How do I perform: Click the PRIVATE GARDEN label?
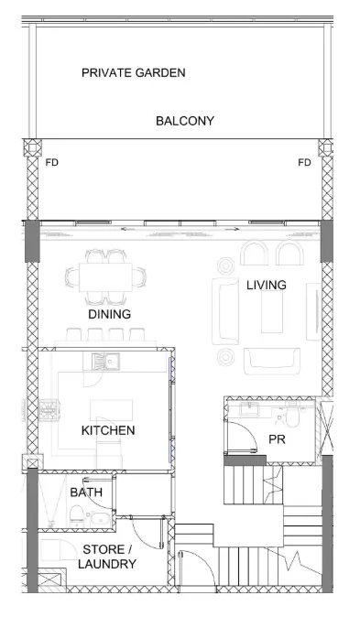(134, 73)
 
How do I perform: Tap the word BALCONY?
(185, 121)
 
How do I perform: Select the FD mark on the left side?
(52, 162)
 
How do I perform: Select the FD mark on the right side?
(304, 162)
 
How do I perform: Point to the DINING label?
(110, 314)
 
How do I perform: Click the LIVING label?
(267, 285)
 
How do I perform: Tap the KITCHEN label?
(108, 430)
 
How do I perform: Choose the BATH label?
(86, 493)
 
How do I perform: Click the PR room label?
(277, 439)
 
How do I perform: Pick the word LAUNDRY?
(107, 564)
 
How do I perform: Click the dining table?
(105, 277)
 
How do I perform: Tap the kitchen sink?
(105, 362)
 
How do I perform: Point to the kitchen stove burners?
(49, 410)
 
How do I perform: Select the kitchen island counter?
(111, 410)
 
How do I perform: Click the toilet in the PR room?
(292, 415)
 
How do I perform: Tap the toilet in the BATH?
(76, 515)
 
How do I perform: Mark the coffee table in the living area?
(272, 311)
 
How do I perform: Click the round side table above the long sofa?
(225, 266)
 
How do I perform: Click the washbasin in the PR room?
(249, 409)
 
